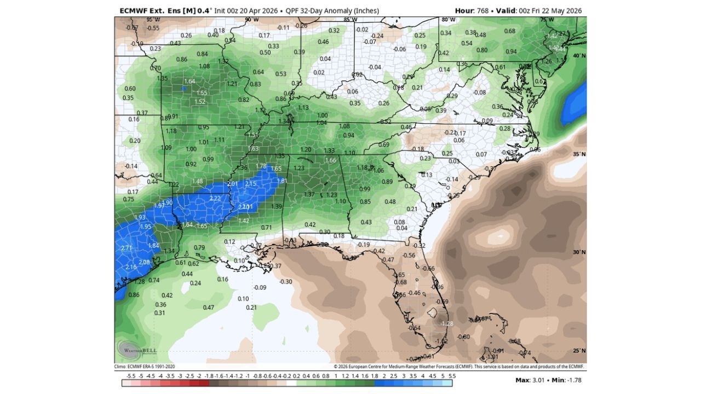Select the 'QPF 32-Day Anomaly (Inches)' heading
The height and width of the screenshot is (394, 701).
pyautogui.click(x=332, y=11)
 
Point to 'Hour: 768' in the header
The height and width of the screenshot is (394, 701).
pyautogui.click(x=473, y=11)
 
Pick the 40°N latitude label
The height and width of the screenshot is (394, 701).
pyautogui.click(x=579, y=56)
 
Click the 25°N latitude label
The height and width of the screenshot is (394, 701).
pyautogui.click(x=579, y=351)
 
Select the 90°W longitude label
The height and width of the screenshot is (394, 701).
pyautogui.click(x=251, y=20)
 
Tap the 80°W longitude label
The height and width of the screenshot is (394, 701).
pyautogui.click(x=448, y=20)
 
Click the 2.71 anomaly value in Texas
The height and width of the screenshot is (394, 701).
pyautogui.click(x=127, y=248)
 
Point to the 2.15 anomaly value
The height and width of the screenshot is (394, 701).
pyautogui.click(x=251, y=183)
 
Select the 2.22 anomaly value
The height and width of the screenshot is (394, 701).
pyautogui.click(x=215, y=198)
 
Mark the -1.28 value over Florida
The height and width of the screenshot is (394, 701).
pyautogui.click(x=447, y=323)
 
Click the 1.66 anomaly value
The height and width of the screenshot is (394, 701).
pyautogui.click(x=330, y=160)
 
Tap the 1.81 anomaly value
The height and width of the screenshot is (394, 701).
pyautogui.click(x=282, y=181)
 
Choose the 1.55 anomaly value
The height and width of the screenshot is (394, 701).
pyautogui.click(x=202, y=93)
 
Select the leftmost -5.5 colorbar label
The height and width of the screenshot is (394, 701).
pyautogui.click(x=131, y=376)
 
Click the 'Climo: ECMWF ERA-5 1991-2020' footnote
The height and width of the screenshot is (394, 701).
pyautogui.click(x=145, y=367)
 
